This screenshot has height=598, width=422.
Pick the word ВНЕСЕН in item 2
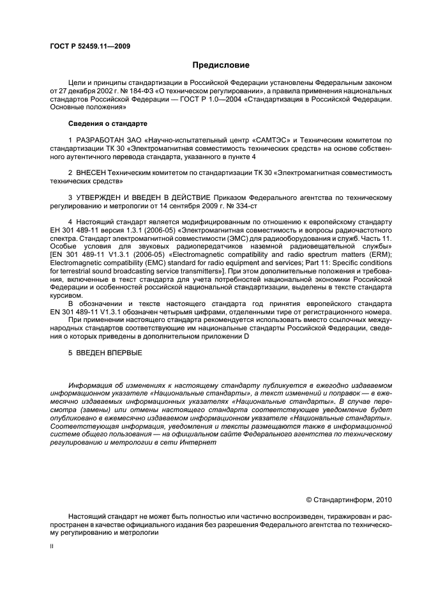point(91,173)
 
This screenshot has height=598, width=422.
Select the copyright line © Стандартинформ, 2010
point(349,499)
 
